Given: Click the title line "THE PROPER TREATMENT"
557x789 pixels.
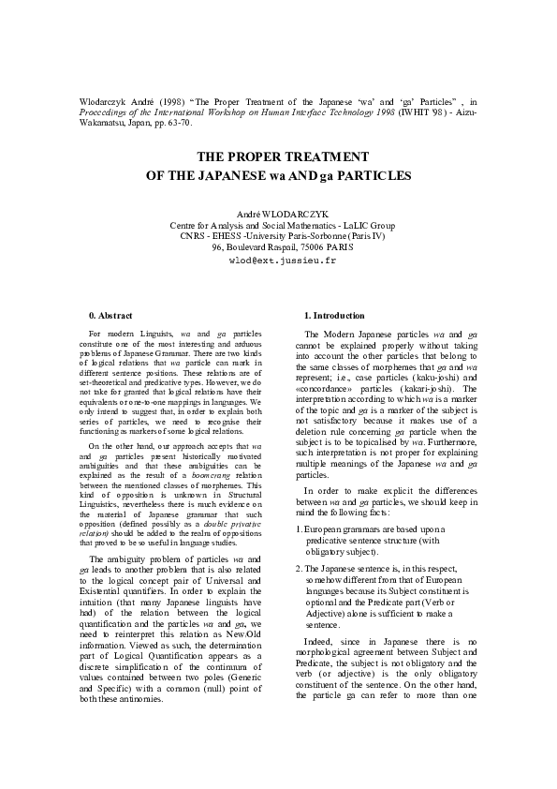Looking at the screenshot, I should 282,156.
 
